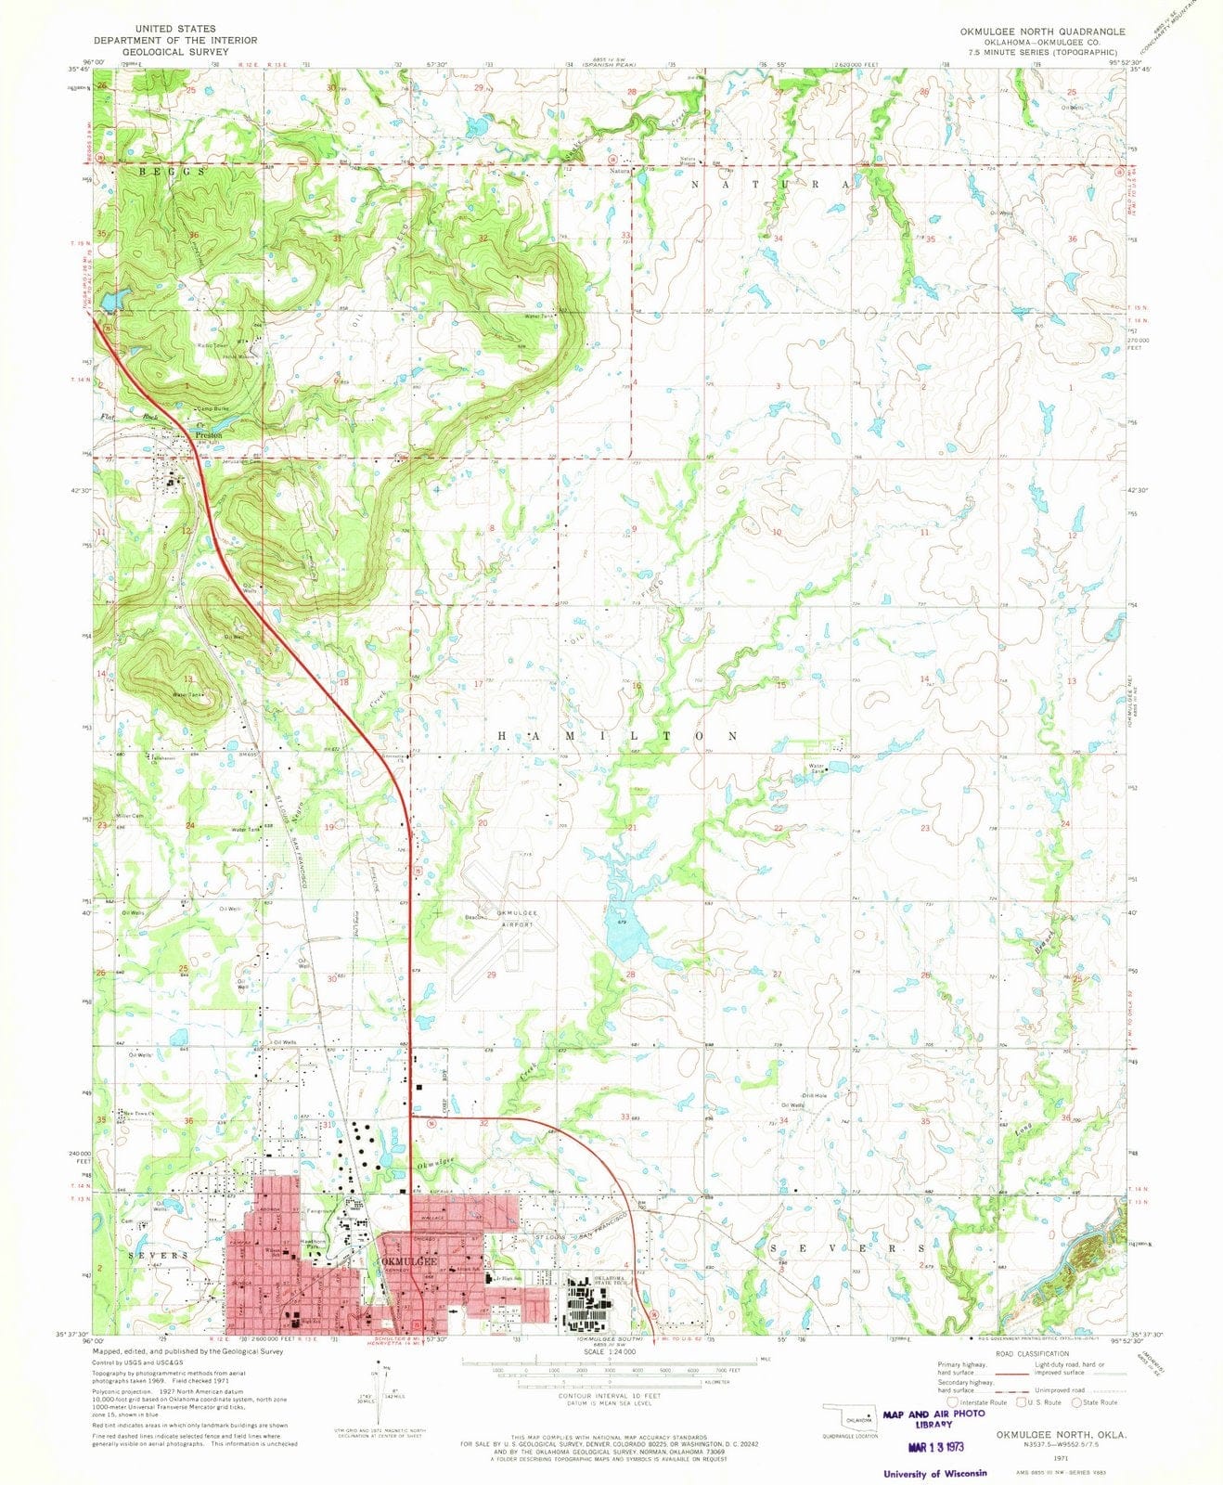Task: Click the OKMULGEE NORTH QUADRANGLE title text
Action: pyautogui.click(x=1043, y=31)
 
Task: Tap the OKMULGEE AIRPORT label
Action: pyautogui.click(x=506, y=919)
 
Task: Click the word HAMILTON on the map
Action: pyautogui.click(x=619, y=735)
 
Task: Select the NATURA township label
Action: pyautogui.click(x=769, y=185)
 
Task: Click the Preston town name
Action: pyautogui.click(x=209, y=433)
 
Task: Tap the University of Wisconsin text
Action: pyautogui.click(x=935, y=1474)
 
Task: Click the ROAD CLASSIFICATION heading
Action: pyautogui.click(x=1029, y=1354)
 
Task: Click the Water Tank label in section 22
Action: pyautogui.click(x=817, y=769)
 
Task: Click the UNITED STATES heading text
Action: pyautogui.click(x=174, y=30)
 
